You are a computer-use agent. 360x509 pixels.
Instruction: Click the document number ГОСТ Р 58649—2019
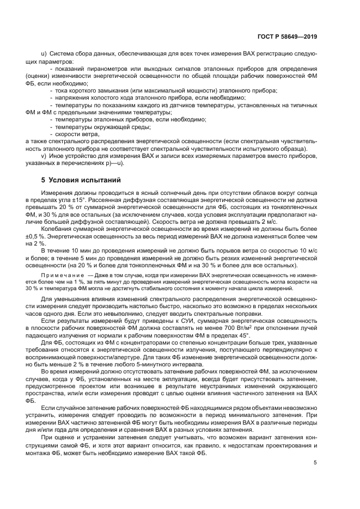tap(287, 37)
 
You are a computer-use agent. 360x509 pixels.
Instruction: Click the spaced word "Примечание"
tap(58, 276)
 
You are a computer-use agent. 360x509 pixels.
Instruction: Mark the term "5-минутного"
tap(162, 363)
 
